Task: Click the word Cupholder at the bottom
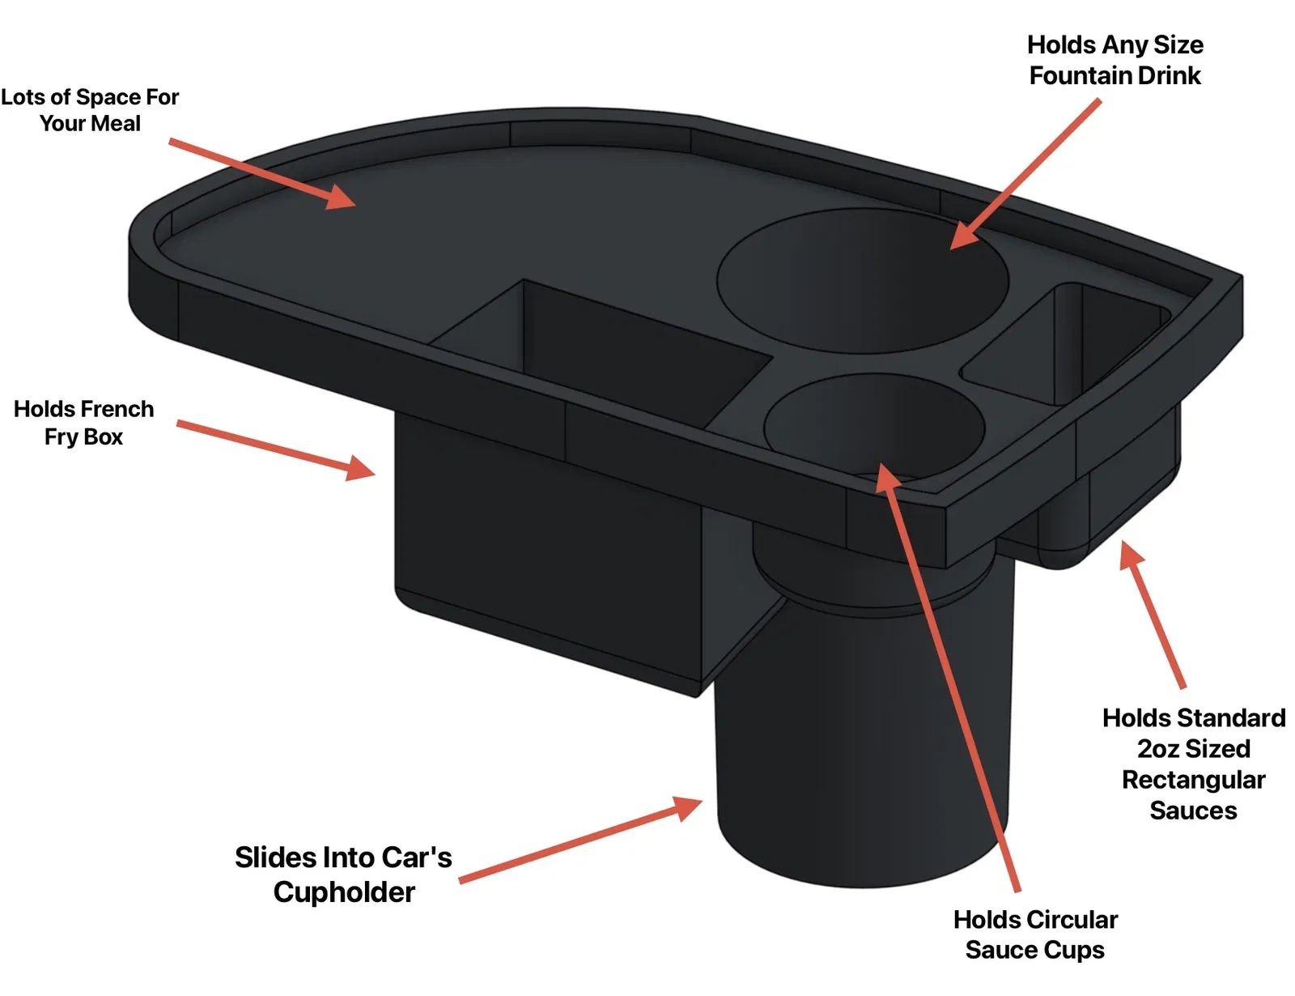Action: coord(344,892)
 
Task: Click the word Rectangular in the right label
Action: coord(1194,780)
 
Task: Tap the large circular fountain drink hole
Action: coord(862,280)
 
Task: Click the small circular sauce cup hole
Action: coord(873,426)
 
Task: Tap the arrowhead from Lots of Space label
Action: coord(341,197)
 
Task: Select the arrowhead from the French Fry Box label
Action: coord(361,469)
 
